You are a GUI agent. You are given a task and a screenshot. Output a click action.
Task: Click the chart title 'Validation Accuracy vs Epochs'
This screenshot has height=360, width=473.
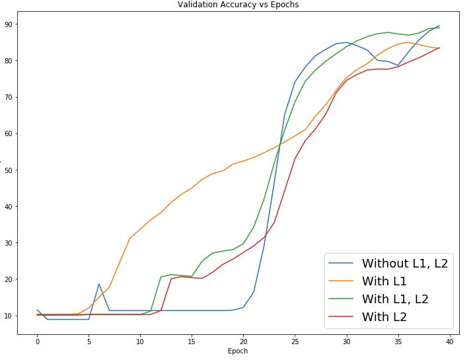click(x=238, y=5)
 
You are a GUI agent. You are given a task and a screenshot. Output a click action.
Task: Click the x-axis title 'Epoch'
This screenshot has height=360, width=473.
click(x=238, y=351)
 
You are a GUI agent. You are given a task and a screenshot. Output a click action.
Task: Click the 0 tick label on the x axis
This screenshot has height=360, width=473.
click(x=38, y=342)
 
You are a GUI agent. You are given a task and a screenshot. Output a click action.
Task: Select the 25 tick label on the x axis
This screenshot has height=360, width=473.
click(x=295, y=342)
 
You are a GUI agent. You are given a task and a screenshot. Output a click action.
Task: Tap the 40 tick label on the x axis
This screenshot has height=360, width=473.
click(x=449, y=342)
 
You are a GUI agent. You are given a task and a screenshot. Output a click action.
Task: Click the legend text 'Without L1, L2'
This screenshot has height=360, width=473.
click(x=404, y=264)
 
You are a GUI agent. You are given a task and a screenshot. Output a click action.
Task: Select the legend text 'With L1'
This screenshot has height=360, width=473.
click(x=384, y=281)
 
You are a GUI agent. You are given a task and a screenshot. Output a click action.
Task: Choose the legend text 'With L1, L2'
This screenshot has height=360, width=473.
click(x=395, y=299)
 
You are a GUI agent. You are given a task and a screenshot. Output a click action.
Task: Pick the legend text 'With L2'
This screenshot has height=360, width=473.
click(x=384, y=317)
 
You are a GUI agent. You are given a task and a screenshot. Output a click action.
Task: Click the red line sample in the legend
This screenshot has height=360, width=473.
click(x=342, y=317)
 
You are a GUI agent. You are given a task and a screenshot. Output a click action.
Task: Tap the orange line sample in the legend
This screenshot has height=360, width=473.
click(x=342, y=281)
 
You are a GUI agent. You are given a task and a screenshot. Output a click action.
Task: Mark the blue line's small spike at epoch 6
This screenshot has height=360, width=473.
click(x=99, y=284)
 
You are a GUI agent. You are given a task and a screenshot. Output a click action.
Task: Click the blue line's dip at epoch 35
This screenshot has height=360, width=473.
click(x=398, y=65)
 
